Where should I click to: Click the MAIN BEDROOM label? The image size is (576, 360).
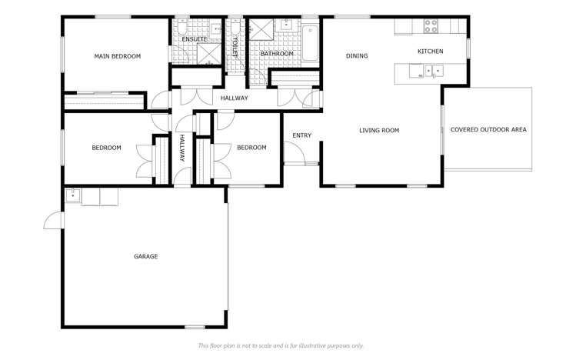pyautogui.click(x=117, y=56)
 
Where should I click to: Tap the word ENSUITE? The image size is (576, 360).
pyautogui.click(x=195, y=39)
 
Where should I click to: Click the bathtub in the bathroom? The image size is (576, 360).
pyautogui.click(x=310, y=44)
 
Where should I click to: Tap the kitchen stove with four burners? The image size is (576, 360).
pyautogui.click(x=431, y=26)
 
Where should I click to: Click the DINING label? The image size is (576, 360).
pyautogui.click(x=357, y=56)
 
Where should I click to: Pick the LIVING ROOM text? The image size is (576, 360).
pyautogui.click(x=379, y=131)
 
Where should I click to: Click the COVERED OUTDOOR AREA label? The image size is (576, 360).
pyautogui.click(x=488, y=130)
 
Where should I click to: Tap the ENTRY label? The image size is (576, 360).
pyautogui.click(x=301, y=136)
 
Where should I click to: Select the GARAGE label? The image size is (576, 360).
pyautogui.click(x=146, y=257)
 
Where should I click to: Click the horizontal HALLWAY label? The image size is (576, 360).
pyautogui.click(x=234, y=98)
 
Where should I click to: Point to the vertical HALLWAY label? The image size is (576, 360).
pyautogui.click(x=182, y=148)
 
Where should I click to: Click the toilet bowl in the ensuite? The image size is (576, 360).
pyautogui.click(x=181, y=30)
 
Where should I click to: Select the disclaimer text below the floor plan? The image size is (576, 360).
pyautogui.click(x=281, y=346)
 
